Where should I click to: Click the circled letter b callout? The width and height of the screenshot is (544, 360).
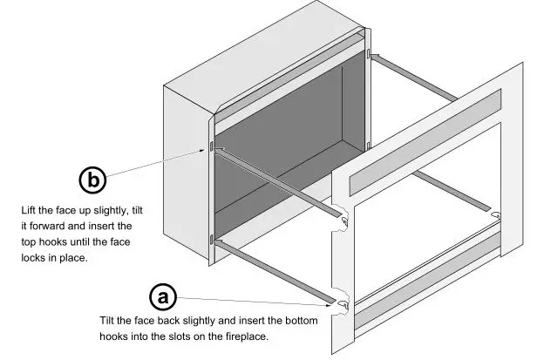click(x=93, y=180)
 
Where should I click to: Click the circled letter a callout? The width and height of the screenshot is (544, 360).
click(x=161, y=296)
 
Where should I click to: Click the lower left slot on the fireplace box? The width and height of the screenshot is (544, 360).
click(x=210, y=237)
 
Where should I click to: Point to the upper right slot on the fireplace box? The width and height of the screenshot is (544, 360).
click(x=369, y=56)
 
